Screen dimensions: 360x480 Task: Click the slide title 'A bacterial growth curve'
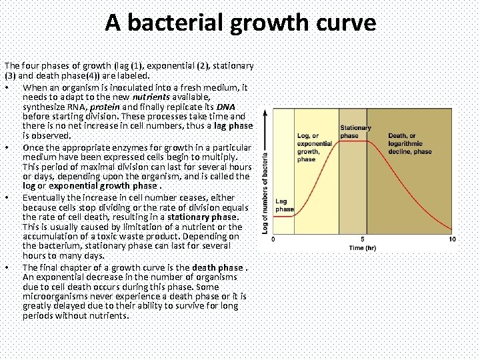[x=240, y=24]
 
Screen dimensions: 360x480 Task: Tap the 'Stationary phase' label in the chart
[x=355, y=131]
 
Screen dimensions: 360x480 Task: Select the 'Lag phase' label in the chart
[x=284, y=205]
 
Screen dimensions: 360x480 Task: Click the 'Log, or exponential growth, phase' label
[x=315, y=147]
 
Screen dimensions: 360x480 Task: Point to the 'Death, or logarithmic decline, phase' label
[x=409, y=143]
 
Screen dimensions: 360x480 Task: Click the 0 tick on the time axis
[x=275, y=239]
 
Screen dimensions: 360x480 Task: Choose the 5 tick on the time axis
[x=363, y=239]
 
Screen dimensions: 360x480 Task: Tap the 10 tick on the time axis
[x=452, y=239]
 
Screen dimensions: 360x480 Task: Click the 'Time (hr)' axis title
[x=362, y=249]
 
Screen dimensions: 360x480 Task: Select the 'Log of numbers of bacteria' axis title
[x=265, y=189]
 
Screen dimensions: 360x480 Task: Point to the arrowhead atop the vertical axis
[x=265, y=113]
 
